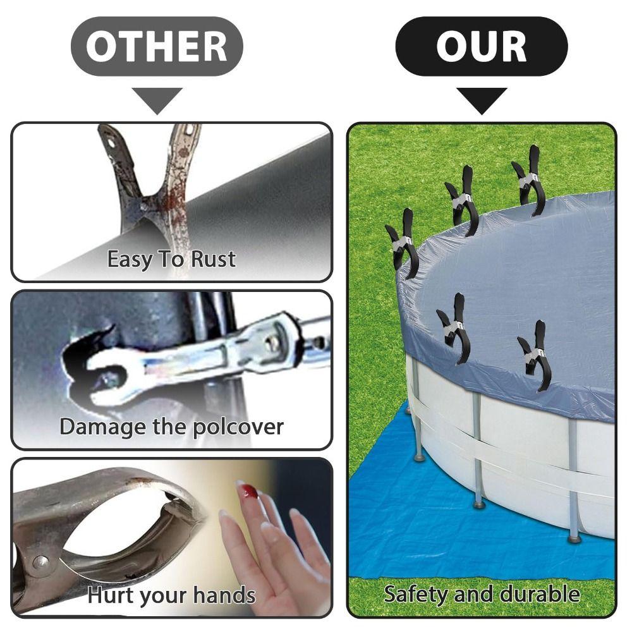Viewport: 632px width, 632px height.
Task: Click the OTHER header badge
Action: click(157, 47)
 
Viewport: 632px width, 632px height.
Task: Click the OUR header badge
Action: click(481, 47)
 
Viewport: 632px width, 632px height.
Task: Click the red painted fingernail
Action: click(247, 491)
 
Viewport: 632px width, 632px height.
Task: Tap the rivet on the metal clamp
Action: click(41, 562)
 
